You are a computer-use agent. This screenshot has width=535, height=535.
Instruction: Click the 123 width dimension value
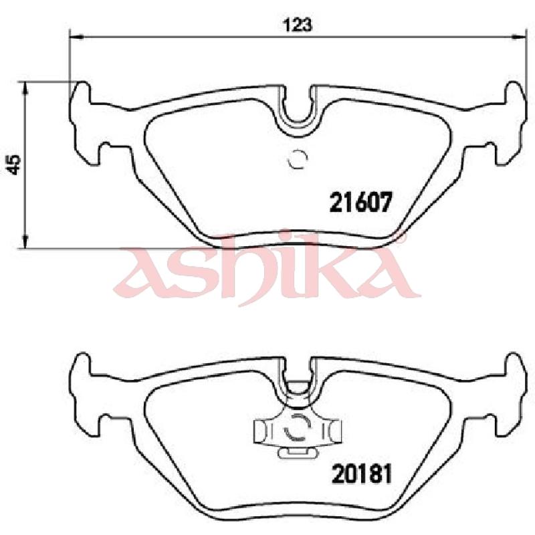[298, 25]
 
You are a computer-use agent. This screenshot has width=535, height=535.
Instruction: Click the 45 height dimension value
[15, 165]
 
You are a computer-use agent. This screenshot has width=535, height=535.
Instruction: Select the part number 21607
[360, 203]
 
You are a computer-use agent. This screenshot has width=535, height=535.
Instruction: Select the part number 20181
[361, 473]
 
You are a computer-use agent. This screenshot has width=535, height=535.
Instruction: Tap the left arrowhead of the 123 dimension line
[76, 36]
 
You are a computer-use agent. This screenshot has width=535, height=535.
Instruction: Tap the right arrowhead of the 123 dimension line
[520, 36]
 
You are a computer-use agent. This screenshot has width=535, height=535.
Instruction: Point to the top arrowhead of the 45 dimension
[25, 88]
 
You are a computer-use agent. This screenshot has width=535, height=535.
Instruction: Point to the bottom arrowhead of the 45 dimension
[25, 241]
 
